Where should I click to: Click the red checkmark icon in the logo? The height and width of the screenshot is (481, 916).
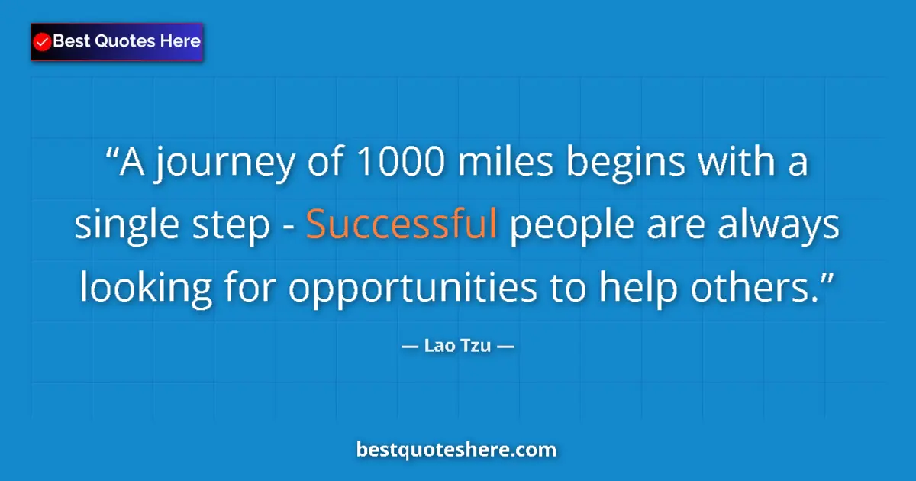pos(43,42)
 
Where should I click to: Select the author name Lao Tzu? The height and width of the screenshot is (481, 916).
pos(457,347)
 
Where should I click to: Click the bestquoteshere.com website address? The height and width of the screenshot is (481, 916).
pos(456,450)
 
